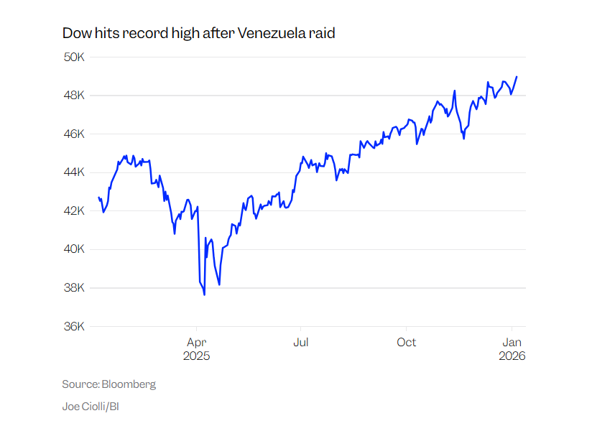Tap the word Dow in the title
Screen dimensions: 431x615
coord(75,33)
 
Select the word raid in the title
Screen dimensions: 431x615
coord(322,33)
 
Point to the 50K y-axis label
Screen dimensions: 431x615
coord(74,57)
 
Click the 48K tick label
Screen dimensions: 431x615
coord(74,96)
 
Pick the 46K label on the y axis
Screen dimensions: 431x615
coord(74,134)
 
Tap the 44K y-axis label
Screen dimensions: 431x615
coord(74,172)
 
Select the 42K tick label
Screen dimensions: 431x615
coord(74,211)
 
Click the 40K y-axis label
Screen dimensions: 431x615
coord(74,249)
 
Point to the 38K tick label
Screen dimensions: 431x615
coord(74,288)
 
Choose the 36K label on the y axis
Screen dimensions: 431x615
coord(74,326)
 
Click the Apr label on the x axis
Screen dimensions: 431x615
coord(197,342)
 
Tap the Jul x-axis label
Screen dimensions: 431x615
coord(301,342)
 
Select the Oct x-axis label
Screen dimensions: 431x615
coord(407,342)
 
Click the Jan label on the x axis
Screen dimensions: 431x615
coord(512,342)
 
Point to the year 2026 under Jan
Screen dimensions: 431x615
coord(512,356)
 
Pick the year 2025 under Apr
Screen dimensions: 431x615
coord(197,356)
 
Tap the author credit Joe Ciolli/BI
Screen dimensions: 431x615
coord(91,407)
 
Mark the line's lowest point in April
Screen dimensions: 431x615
coord(204,295)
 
